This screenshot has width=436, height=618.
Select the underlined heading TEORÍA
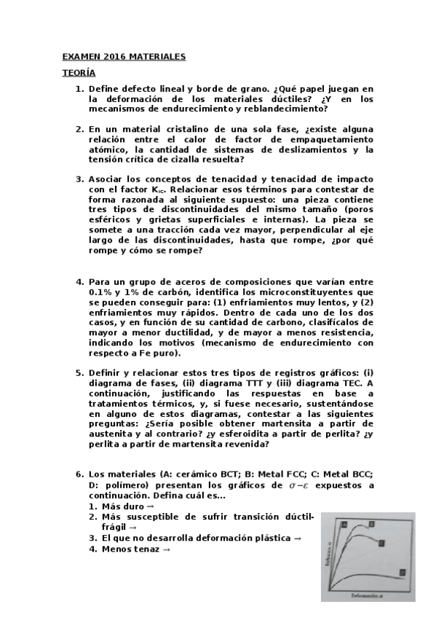(x=74, y=73)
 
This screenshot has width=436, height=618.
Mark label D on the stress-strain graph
(x=402, y=574)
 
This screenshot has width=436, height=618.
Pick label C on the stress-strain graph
(x=381, y=543)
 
